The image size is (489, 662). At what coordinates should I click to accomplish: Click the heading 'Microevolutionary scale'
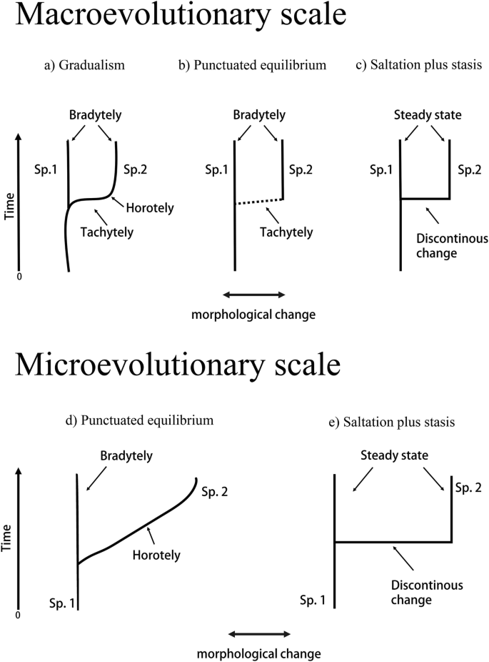178,366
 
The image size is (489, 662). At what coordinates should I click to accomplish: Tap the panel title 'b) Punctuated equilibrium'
252,66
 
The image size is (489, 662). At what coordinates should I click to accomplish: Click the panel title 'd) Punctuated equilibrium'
139,420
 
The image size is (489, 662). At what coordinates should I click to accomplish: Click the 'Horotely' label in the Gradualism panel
150,208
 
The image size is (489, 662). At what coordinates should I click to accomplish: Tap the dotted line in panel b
259,202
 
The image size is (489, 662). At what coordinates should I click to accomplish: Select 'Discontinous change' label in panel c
451,244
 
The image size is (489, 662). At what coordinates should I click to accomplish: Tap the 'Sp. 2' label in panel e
467,486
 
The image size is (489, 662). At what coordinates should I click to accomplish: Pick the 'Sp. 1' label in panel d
61,604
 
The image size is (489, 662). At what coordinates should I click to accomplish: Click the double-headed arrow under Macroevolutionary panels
255,294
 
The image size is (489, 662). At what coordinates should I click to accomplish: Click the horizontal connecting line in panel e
393,543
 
